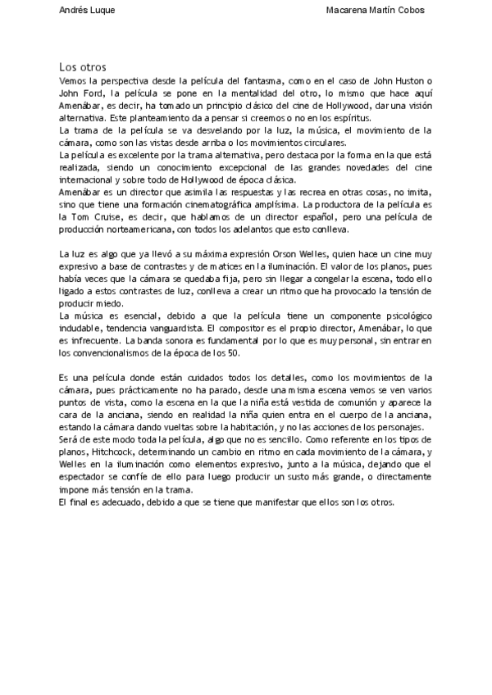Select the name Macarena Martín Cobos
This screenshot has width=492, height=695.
(x=375, y=10)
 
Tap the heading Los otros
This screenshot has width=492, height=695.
(x=83, y=66)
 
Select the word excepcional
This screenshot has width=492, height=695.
(x=253, y=166)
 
